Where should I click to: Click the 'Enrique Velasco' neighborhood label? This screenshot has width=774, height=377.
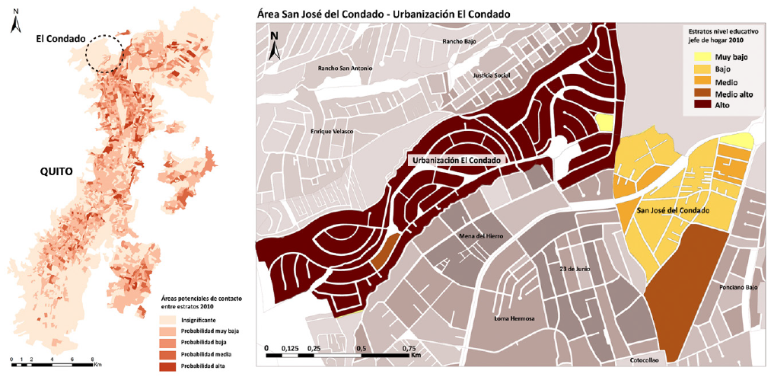click(x=333, y=132)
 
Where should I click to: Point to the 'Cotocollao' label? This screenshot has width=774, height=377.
click(x=649, y=360)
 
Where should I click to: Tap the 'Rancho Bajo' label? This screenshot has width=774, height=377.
click(x=459, y=41)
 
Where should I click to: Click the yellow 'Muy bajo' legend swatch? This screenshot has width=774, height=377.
click(x=701, y=57)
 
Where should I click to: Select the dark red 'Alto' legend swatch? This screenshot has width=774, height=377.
click(x=701, y=105)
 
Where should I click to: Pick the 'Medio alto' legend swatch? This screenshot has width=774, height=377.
click(x=701, y=93)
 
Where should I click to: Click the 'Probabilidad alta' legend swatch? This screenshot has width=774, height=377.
click(x=170, y=367)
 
